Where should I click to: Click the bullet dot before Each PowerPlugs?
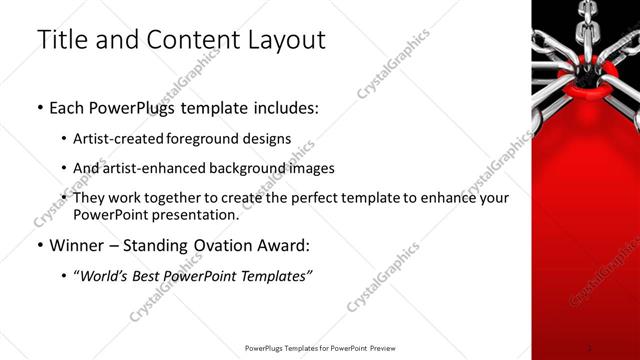click(39, 107)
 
